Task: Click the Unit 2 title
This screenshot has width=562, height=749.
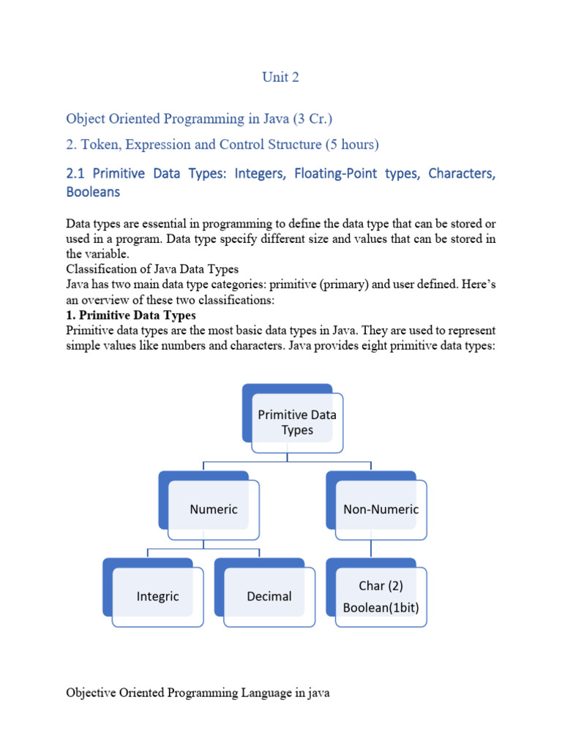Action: click(281, 78)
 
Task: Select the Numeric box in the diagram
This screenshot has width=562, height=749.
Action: click(213, 509)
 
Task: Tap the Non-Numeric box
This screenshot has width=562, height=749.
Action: click(381, 509)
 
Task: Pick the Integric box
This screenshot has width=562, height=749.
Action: click(157, 596)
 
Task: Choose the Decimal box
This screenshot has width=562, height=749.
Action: click(269, 596)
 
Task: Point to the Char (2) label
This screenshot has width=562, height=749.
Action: click(381, 586)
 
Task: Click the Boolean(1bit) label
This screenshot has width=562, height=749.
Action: click(381, 606)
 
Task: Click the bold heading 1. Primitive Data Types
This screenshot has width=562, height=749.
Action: click(131, 315)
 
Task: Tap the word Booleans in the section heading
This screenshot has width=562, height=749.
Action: click(93, 192)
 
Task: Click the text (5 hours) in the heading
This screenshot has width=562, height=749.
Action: click(351, 145)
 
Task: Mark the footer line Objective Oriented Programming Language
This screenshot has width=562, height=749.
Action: click(198, 692)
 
